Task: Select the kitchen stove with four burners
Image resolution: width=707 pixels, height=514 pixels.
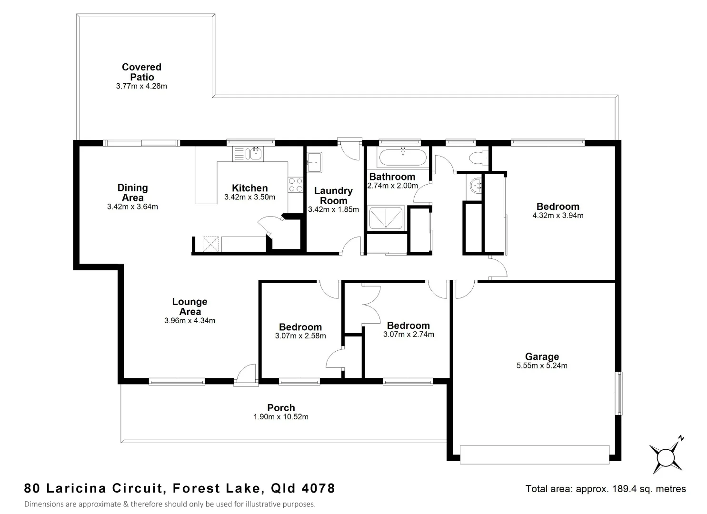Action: [x=296, y=185]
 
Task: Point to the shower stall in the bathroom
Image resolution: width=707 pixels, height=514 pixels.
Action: [x=386, y=218]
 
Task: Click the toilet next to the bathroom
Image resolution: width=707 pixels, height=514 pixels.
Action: [x=478, y=158]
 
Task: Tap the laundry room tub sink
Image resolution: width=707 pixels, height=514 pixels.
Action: [x=314, y=162]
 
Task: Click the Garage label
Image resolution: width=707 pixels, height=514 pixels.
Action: [x=542, y=356]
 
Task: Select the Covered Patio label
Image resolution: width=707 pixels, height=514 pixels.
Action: [x=141, y=72]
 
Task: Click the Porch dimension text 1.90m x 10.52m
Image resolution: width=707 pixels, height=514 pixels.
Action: [x=281, y=417]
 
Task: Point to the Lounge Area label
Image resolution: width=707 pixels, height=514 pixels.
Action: [x=189, y=306]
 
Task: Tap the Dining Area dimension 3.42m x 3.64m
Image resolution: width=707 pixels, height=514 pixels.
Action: [x=133, y=207]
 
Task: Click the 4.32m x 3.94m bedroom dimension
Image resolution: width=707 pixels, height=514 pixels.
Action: [x=558, y=215]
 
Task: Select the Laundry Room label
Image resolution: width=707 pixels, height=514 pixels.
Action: [x=333, y=196]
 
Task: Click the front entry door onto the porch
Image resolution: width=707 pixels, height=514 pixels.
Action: [x=245, y=375]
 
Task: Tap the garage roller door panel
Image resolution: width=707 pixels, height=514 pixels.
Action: [x=534, y=454]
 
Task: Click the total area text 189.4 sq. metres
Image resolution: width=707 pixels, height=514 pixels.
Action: [x=630, y=489]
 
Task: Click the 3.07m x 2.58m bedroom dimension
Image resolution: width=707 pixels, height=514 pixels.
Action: [x=300, y=336]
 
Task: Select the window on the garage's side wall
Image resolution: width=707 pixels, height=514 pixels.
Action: [x=619, y=393]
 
